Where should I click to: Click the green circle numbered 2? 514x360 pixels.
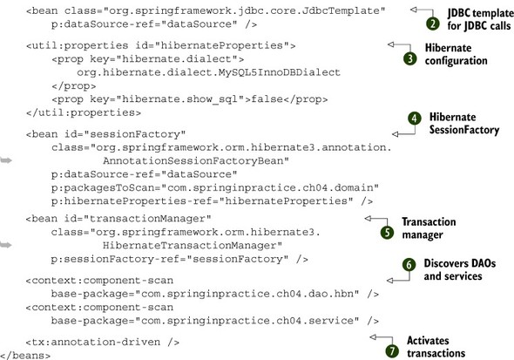click(433, 24)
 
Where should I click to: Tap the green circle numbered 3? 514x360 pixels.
click(410, 58)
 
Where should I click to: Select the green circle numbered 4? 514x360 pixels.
click(415, 119)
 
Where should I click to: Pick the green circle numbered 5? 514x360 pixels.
click(387, 233)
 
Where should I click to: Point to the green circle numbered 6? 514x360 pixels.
click(409, 265)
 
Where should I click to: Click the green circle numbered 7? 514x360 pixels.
click(392, 351)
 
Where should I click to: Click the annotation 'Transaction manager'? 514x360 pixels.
click(429, 228)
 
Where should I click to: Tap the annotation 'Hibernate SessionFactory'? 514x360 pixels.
click(464, 123)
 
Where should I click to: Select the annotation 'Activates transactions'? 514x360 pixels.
click(436, 347)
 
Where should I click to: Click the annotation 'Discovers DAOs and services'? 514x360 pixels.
click(460, 270)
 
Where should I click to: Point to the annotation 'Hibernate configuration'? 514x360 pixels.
click(456, 54)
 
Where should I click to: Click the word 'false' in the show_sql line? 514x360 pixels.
click(267, 99)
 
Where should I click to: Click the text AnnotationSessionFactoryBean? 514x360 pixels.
click(196, 160)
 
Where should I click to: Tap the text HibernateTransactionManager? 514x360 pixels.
click(193, 245)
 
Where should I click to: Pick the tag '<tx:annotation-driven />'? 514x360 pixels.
click(103, 342)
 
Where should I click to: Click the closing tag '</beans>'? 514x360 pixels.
click(25, 356)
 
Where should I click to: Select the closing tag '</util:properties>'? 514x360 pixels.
click(84, 112)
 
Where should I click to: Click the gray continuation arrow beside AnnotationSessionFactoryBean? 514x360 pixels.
click(6, 160)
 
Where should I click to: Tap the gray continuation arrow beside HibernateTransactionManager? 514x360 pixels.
click(6, 245)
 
